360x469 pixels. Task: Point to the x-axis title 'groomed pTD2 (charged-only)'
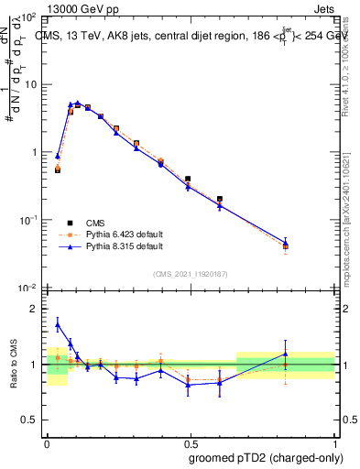(266, 457)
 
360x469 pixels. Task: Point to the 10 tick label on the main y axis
(30, 84)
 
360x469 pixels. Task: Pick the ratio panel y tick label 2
(34, 310)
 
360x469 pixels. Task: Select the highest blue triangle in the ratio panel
(58, 324)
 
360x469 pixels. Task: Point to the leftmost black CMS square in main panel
(58, 169)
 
